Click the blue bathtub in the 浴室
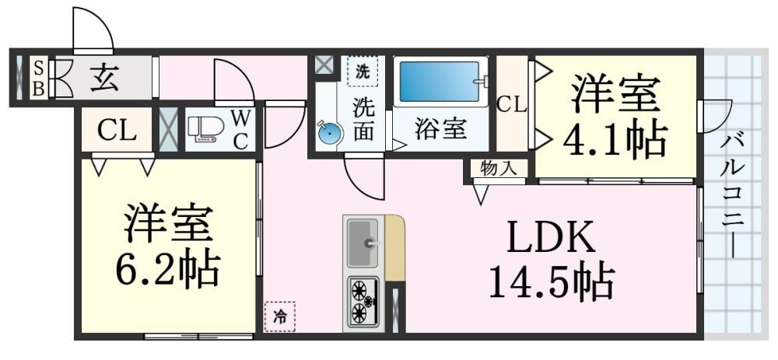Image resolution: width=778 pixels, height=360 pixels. (x=440, y=82)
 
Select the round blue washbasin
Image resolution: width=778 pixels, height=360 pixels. (x=330, y=134)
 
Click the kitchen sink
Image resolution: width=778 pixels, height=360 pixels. (x=362, y=242)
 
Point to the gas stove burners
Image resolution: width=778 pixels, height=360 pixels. (x=361, y=301)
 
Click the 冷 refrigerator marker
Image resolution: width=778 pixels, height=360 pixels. (x=279, y=316)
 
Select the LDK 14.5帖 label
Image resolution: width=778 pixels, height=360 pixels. (x=552, y=260)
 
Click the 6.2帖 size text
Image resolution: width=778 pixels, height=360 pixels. (x=167, y=269)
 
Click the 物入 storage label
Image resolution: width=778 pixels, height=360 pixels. (x=498, y=168)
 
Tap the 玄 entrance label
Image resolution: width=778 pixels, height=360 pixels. (x=103, y=78)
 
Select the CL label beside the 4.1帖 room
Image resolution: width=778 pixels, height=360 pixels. (x=512, y=103)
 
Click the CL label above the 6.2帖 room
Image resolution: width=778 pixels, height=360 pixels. (x=117, y=131)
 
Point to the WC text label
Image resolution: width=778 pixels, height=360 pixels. (x=241, y=130)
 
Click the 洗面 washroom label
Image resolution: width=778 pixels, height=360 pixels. (x=363, y=119)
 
